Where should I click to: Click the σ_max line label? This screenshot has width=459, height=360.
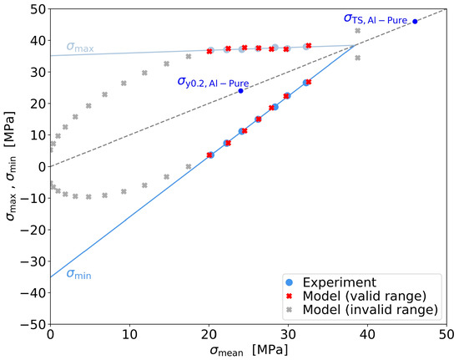point(80,46)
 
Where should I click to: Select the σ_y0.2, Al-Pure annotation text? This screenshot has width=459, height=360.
point(212,82)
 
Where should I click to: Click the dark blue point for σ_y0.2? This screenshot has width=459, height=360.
point(240,90)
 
